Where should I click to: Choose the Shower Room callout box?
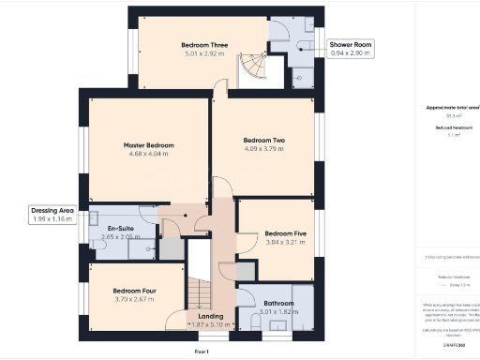(x=352, y=49)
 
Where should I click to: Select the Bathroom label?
(x=279, y=303)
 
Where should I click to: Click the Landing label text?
(x=204, y=316)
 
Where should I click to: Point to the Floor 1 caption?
(x=201, y=351)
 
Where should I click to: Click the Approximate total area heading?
(x=453, y=108)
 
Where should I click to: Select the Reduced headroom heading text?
(x=453, y=127)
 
